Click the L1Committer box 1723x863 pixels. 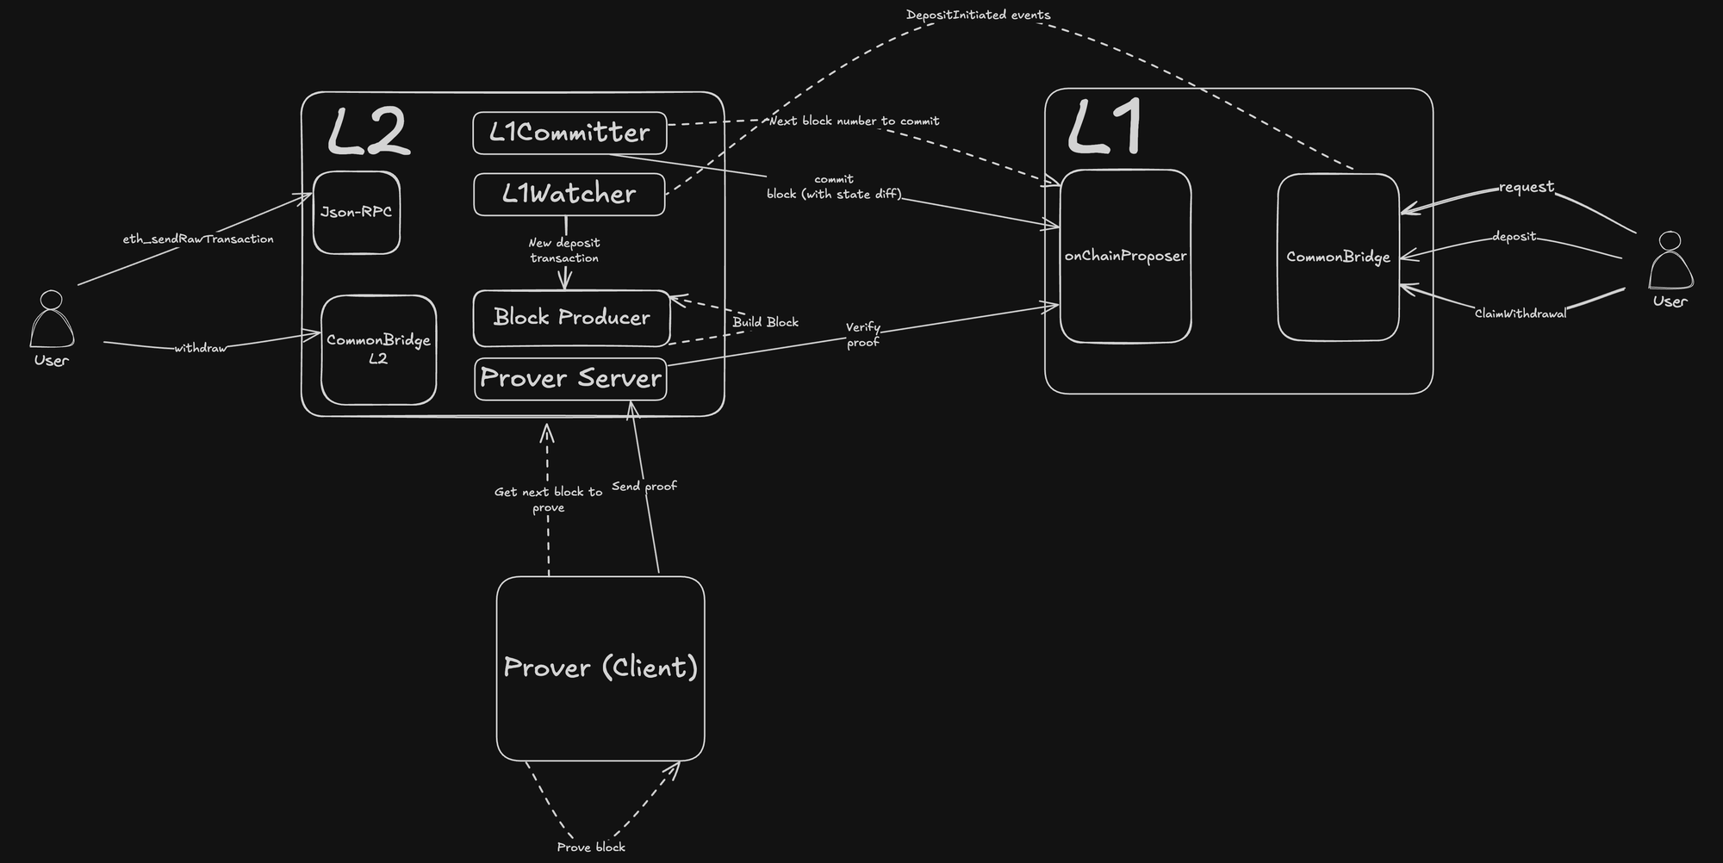569,133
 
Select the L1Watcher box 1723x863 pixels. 569,194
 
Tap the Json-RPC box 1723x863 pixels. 356,212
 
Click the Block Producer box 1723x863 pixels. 571,318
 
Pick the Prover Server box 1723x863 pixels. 570,378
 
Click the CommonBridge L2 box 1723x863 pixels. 378,350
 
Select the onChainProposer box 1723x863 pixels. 1125,256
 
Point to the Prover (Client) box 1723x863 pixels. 600,667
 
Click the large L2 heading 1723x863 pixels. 368,133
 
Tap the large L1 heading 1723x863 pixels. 1105,127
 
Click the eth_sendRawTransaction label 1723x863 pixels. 198,239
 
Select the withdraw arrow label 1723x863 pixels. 200,348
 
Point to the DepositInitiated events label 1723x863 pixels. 978,15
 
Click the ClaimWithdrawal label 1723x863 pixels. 1520,314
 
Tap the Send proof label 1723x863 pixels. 644,486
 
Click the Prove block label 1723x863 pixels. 591,847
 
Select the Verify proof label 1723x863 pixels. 862,334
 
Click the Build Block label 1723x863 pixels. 765,322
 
